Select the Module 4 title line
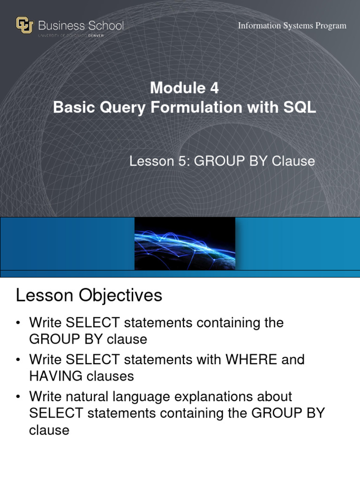click(184, 88)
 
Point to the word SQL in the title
click(300, 107)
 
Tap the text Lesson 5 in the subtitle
click(159, 161)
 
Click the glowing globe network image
click(185, 244)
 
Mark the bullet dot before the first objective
click(18, 323)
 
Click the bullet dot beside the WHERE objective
click(18, 360)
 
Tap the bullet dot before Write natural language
click(18, 397)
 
